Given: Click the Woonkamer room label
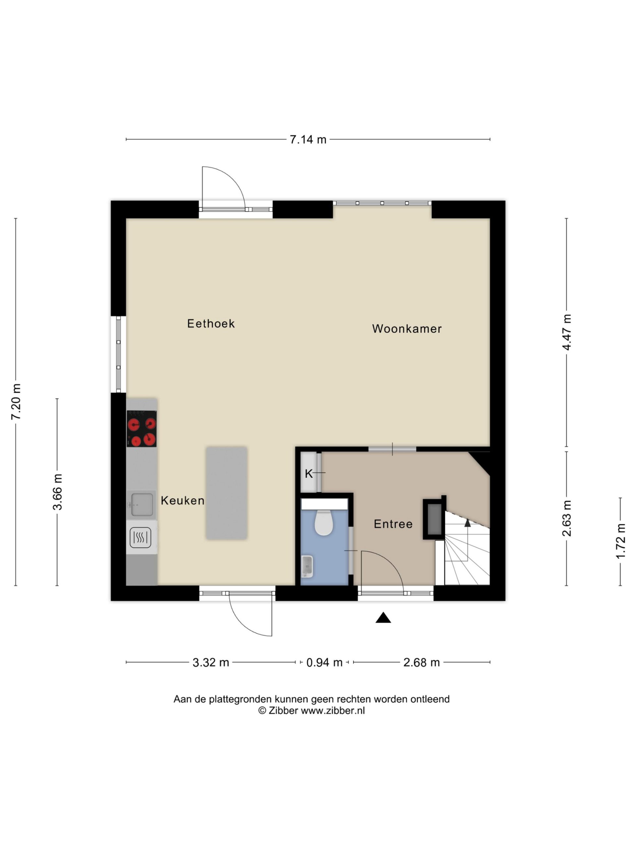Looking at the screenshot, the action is [407, 329].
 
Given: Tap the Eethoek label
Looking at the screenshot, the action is [211, 324].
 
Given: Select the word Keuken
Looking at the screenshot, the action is [183, 500].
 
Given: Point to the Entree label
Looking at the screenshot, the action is [393, 524].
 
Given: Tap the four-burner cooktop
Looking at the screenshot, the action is [141, 429].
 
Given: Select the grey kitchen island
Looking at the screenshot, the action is [227, 493].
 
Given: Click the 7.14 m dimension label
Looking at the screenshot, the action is [308, 139].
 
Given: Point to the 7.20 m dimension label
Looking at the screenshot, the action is [16, 402].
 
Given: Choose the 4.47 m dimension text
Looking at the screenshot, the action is [567, 332].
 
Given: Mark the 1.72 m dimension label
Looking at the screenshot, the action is [620, 542].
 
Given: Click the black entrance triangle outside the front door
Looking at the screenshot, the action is [383, 618].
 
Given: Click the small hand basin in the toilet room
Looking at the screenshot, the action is [307, 566].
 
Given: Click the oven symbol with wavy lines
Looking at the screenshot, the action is [140, 538].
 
